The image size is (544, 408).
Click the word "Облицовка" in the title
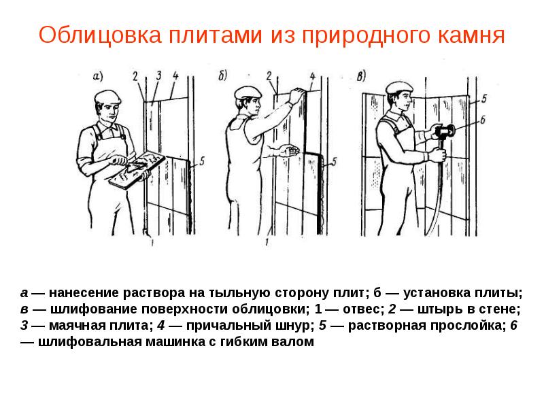100,35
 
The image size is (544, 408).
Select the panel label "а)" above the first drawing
98,76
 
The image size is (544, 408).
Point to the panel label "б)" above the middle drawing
223,75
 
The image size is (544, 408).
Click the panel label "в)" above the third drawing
361,76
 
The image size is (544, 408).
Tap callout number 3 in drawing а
158,75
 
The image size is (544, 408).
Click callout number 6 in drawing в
483,120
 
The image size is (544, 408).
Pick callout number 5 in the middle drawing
334,161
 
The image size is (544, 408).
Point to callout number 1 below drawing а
152,242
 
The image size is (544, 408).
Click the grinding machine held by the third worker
445,131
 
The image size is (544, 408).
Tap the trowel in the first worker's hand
133,166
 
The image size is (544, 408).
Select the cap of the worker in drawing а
107,97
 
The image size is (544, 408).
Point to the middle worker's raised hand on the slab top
296,95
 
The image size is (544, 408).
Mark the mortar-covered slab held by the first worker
137,170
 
